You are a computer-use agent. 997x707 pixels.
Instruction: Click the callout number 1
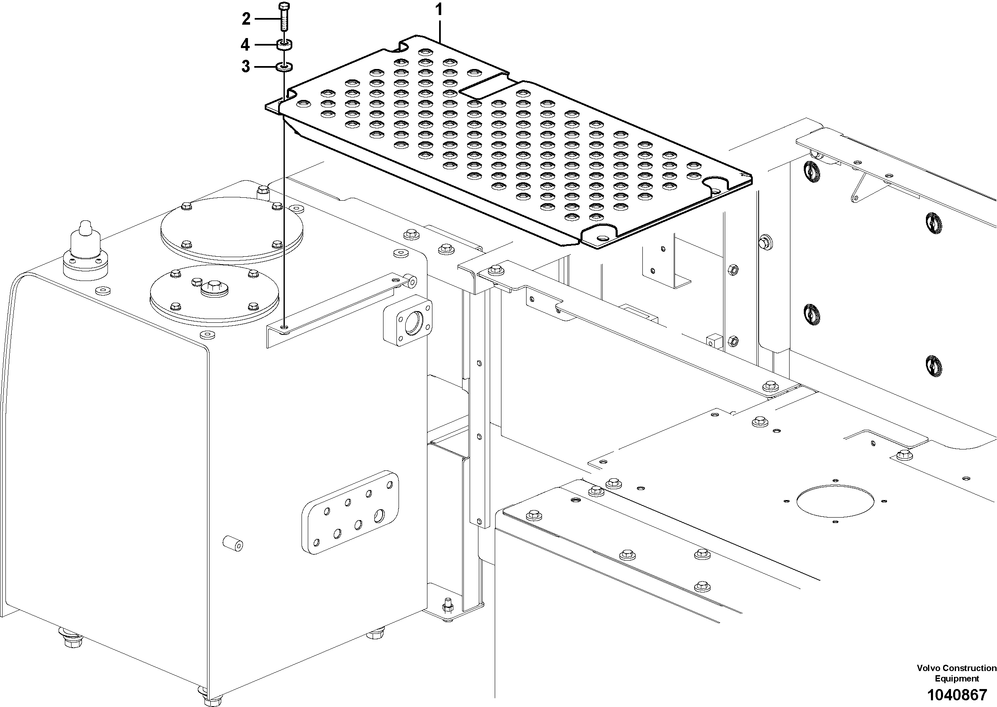pyautogui.click(x=439, y=9)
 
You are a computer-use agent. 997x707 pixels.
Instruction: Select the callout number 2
pyautogui.click(x=246, y=19)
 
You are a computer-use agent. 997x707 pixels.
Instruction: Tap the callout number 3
pyautogui.click(x=246, y=67)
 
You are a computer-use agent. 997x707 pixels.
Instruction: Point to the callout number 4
pyautogui.click(x=245, y=44)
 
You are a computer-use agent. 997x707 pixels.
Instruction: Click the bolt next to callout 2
pyautogui.click(x=284, y=17)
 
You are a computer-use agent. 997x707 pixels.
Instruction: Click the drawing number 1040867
pyautogui.click(x=956, y=694)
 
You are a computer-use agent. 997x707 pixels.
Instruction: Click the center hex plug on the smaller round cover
pyautogui.click(x=214, y=288)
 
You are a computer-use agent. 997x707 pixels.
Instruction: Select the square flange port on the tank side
pyautogui.click(x=408, y=323)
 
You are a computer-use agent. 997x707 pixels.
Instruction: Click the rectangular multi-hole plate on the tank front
pyautogui.click(x=350, y=512)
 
